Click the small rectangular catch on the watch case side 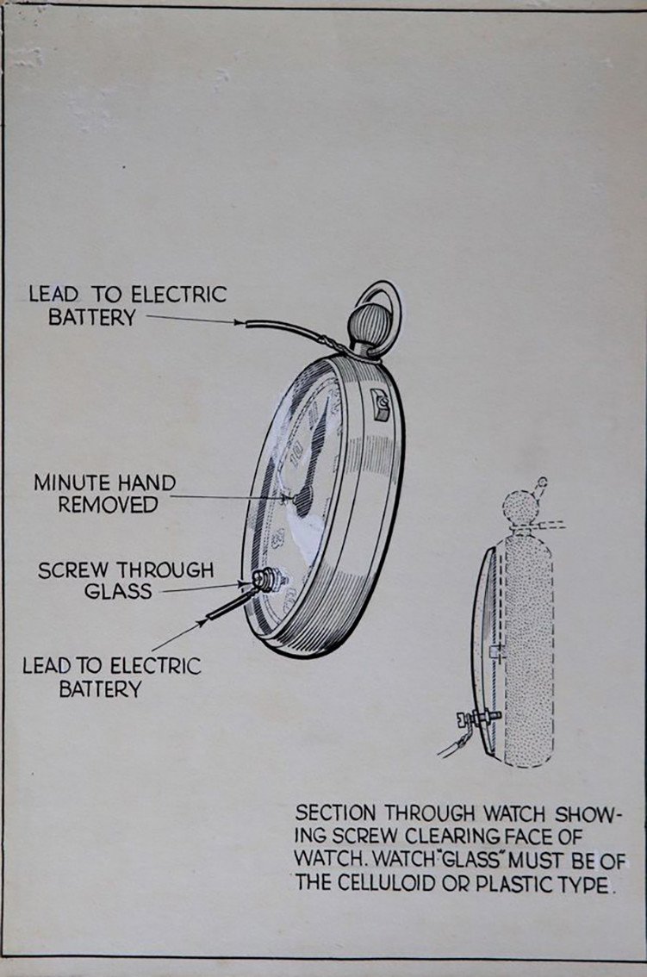[x=378, y=402]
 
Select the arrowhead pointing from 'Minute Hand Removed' [x=290, y=498]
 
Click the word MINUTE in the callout [x=69, y=482]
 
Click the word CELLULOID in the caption [x=380, y=884]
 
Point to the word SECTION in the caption [x=337, y=813]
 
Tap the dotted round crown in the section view [x=519, y=505]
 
